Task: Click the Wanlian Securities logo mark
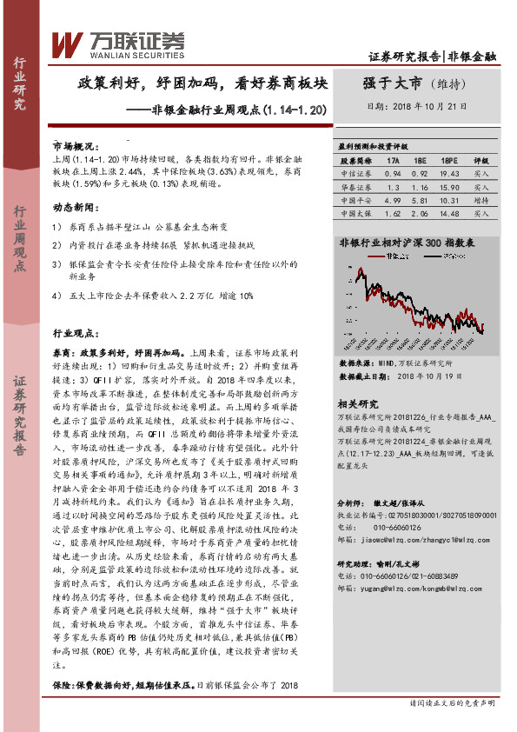[66, 43]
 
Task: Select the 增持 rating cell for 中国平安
[481, 199]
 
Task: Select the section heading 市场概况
[72, 147]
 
